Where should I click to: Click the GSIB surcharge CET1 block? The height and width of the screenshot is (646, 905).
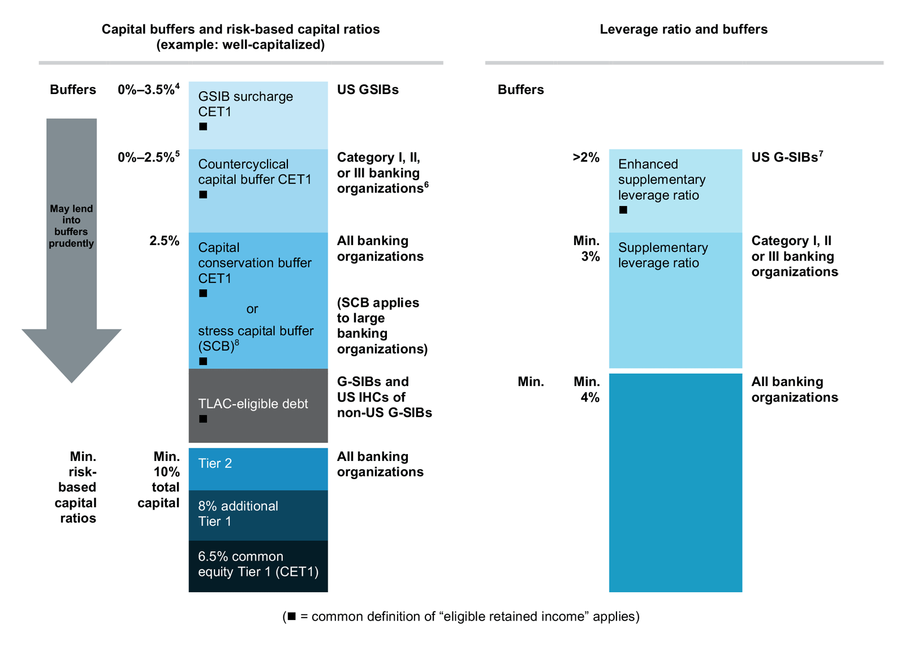pyautogui.click(x=258, y=115)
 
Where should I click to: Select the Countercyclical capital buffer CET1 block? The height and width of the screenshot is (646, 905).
pyautogui.click(x=258, y=191)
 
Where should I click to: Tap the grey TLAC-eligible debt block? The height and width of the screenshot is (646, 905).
pyautogui.click(x=258, y=405)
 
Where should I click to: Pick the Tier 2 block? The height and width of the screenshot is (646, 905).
pyautogui.click(x=258, y=469)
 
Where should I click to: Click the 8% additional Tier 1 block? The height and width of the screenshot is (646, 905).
pyautogui.click(x=258, y=515)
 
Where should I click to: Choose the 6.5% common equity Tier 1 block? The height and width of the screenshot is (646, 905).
pyautogui.click(x=258, y=566)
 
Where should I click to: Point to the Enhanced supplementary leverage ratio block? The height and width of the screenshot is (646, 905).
pyautogui.click(x=675, y=191)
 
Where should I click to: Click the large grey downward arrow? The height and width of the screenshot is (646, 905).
pyautogui.click(x=72, y=249)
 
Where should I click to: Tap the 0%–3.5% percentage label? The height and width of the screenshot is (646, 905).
pyautogui.click(x=148, y=89)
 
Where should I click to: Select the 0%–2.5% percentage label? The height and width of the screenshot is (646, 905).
pyautogui.click(x=148, y=157)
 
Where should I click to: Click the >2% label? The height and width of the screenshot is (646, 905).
pyautogui.click(x=586, y=157)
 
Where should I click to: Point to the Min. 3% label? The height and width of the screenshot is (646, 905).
pyautogui.click(x=587, y=249)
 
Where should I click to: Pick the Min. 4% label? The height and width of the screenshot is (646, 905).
pyautogui.click(x=587, y=390)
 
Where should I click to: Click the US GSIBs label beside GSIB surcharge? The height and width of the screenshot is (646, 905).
pyautogui.click(x=368, y=89)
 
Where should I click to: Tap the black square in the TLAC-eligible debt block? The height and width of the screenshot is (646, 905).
pyautogui.click(x=203, y=419)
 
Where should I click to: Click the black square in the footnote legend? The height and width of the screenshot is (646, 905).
pyautogui.click(x=292, y=616)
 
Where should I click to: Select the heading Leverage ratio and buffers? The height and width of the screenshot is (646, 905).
pyautogui.click(x=683, y=29)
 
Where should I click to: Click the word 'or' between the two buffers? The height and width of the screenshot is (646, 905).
pyautogui.click(x=252, y=309)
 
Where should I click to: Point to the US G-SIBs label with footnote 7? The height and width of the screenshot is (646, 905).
pyautogui.click(x=787, y=157)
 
